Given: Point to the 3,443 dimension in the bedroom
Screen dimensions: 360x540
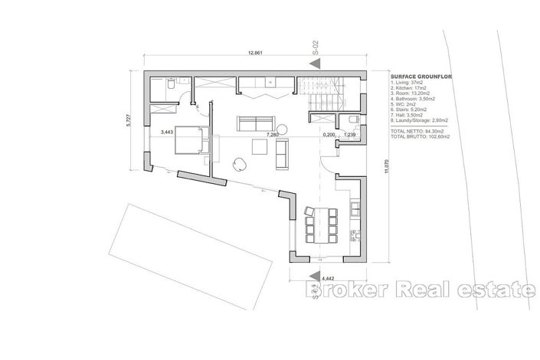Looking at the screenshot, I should coord(166,132).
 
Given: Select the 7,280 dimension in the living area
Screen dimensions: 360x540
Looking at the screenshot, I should coord(272,135).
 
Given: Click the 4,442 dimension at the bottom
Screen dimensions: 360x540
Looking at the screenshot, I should coord(329,278).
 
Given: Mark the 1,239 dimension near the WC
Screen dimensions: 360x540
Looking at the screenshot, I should coord(350,135).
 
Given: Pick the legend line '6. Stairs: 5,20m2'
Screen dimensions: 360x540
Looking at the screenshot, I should coord(411,115).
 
